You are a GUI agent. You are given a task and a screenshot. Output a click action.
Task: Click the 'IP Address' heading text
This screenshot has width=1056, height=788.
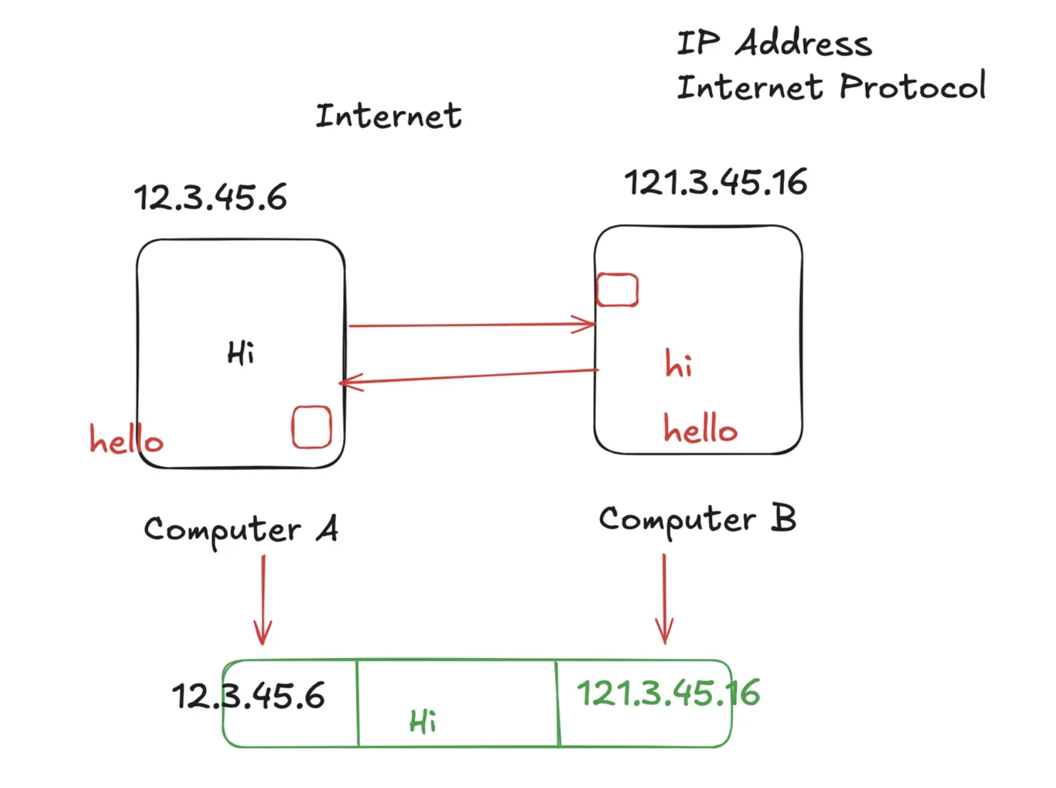click(774, 43)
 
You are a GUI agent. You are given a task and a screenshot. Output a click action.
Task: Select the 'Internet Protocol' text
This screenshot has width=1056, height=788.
click(831, 87)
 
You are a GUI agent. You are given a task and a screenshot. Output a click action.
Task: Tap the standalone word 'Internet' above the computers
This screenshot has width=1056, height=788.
click(388, 116)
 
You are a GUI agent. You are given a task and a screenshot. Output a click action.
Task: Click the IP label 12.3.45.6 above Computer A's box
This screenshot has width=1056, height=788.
click(210, 198)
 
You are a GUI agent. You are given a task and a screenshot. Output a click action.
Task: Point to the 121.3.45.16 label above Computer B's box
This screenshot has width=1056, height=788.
click(715, 182)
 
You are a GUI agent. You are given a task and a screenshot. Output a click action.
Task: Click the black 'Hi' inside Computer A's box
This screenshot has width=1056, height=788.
click(240, 353)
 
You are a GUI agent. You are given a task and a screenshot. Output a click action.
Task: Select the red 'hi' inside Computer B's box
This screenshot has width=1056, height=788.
click(679, 364)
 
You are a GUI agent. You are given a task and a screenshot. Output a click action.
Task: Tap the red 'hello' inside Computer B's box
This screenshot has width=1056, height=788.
click(700, 429)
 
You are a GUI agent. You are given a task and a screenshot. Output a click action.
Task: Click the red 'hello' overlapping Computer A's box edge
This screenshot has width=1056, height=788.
click(126, 440)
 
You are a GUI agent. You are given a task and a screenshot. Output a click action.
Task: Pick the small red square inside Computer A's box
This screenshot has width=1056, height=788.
click(312, 427)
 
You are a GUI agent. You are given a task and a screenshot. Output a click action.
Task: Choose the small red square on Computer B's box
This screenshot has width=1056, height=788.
click(617, 290)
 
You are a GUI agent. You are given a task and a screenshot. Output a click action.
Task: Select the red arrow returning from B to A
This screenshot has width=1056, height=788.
click(469, 377)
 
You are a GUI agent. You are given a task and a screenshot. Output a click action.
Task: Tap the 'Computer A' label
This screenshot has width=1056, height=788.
click(240, 530)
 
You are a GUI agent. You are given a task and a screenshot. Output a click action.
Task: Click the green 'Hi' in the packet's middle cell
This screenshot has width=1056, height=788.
click(423, 721)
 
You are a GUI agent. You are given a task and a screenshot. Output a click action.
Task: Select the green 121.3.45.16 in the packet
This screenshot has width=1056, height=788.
click(668, 694)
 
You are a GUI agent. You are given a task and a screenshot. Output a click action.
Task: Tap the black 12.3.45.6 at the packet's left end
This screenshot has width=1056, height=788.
click(248, 696)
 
